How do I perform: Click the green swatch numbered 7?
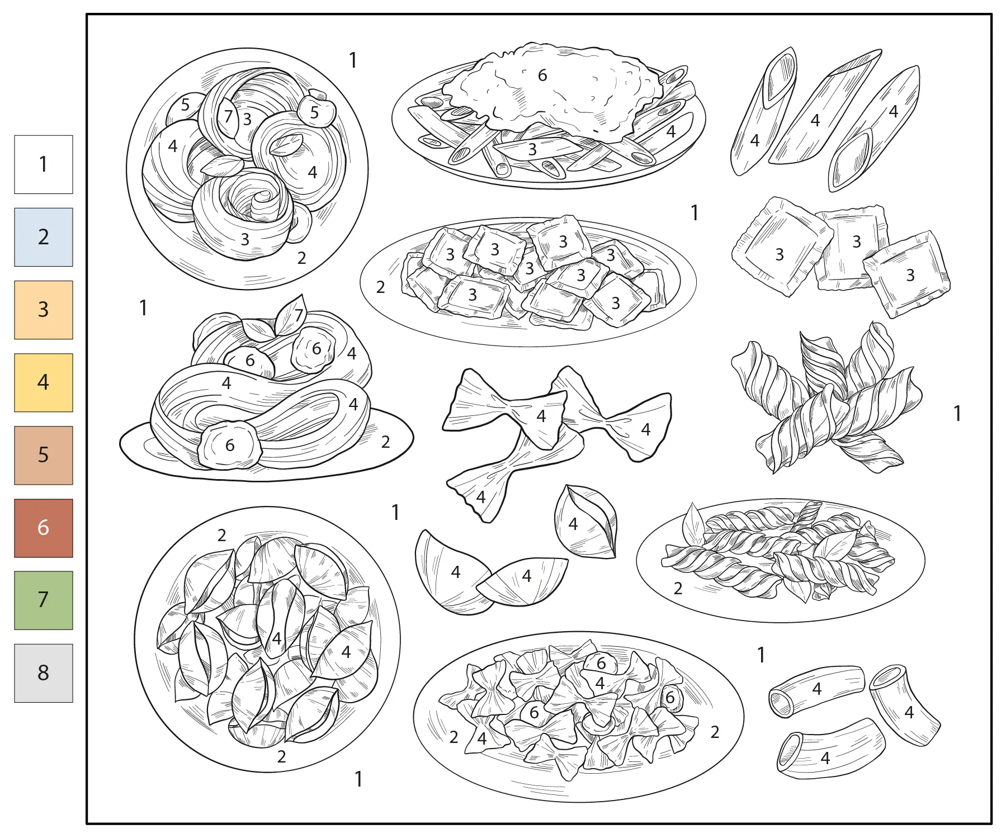(44, 600)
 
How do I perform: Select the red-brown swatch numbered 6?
(44, 528)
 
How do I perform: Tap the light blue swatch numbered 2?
(44, 237)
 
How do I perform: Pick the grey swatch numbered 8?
(44, 673)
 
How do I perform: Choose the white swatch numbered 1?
(44, 164)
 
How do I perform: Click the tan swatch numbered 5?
(44, 455)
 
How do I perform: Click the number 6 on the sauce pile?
(542, 75)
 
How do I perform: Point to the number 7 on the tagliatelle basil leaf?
(299, 315)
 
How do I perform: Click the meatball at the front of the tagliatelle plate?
(230, 445)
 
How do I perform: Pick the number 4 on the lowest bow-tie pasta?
(481, 497)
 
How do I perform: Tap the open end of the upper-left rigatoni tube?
(782, 703)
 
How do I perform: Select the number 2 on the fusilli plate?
(678, 588)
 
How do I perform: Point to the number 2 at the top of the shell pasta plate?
(222, 536)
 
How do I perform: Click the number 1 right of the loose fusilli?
(957, 414)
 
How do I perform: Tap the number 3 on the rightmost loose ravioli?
(910, 275)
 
